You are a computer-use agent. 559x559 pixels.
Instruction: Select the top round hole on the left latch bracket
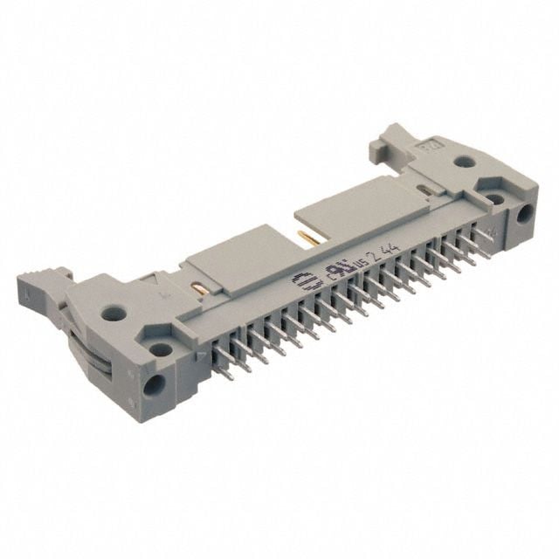(x=112, y=310)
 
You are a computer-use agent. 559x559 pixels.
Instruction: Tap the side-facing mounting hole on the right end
(x=527, y=214)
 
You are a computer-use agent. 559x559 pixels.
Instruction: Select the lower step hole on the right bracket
(x=495, y=198)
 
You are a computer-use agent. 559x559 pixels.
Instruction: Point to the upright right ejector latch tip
(x=392, y=136)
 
